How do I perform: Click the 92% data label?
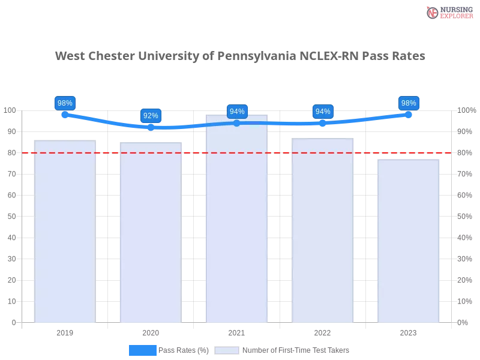click(x=151, y=116)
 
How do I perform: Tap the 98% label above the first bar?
click(x=64, y=103)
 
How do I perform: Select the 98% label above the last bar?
click(x=409, y=103)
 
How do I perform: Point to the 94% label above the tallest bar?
click(x=237, y=112)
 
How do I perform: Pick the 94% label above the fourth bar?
click(x=323, y=112)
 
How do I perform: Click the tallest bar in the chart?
click(x=237, y=219)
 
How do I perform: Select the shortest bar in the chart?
click(x=409, y=240)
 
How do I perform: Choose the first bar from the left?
click(x=65, y=232)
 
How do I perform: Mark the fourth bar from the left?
click(x=322, y=229)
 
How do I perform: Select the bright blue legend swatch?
click(x=142, y=350)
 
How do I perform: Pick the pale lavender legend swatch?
click(x=227, y=350)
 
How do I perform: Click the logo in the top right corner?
click(x=448, y=12)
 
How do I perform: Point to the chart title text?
click(x=240, y=56)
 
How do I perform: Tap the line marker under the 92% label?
click(x=151, y=127)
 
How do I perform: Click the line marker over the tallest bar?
click(x=237, y=123)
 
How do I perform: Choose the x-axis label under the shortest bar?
click(x=408, y=332)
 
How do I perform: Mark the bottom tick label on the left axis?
click(x=13, y=322)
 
